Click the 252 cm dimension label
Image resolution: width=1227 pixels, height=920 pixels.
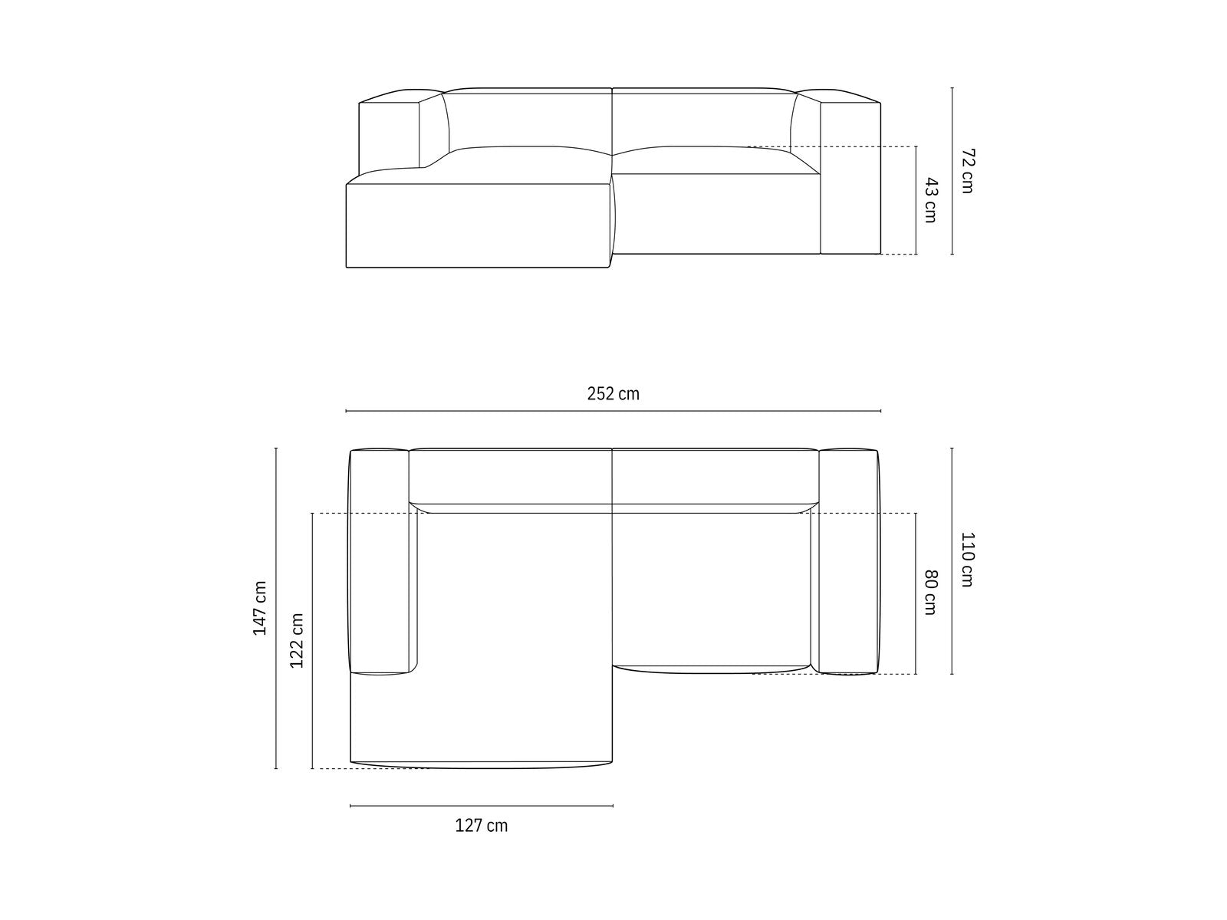[613, 394]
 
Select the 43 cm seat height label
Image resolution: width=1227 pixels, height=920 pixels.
[931, 200]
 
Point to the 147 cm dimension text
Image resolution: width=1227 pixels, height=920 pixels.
[260, 608]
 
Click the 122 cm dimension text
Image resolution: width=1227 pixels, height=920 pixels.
[296, 641]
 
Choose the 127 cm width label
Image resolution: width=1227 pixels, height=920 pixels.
[482, 825]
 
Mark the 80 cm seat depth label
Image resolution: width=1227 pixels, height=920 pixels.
[931, 592]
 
